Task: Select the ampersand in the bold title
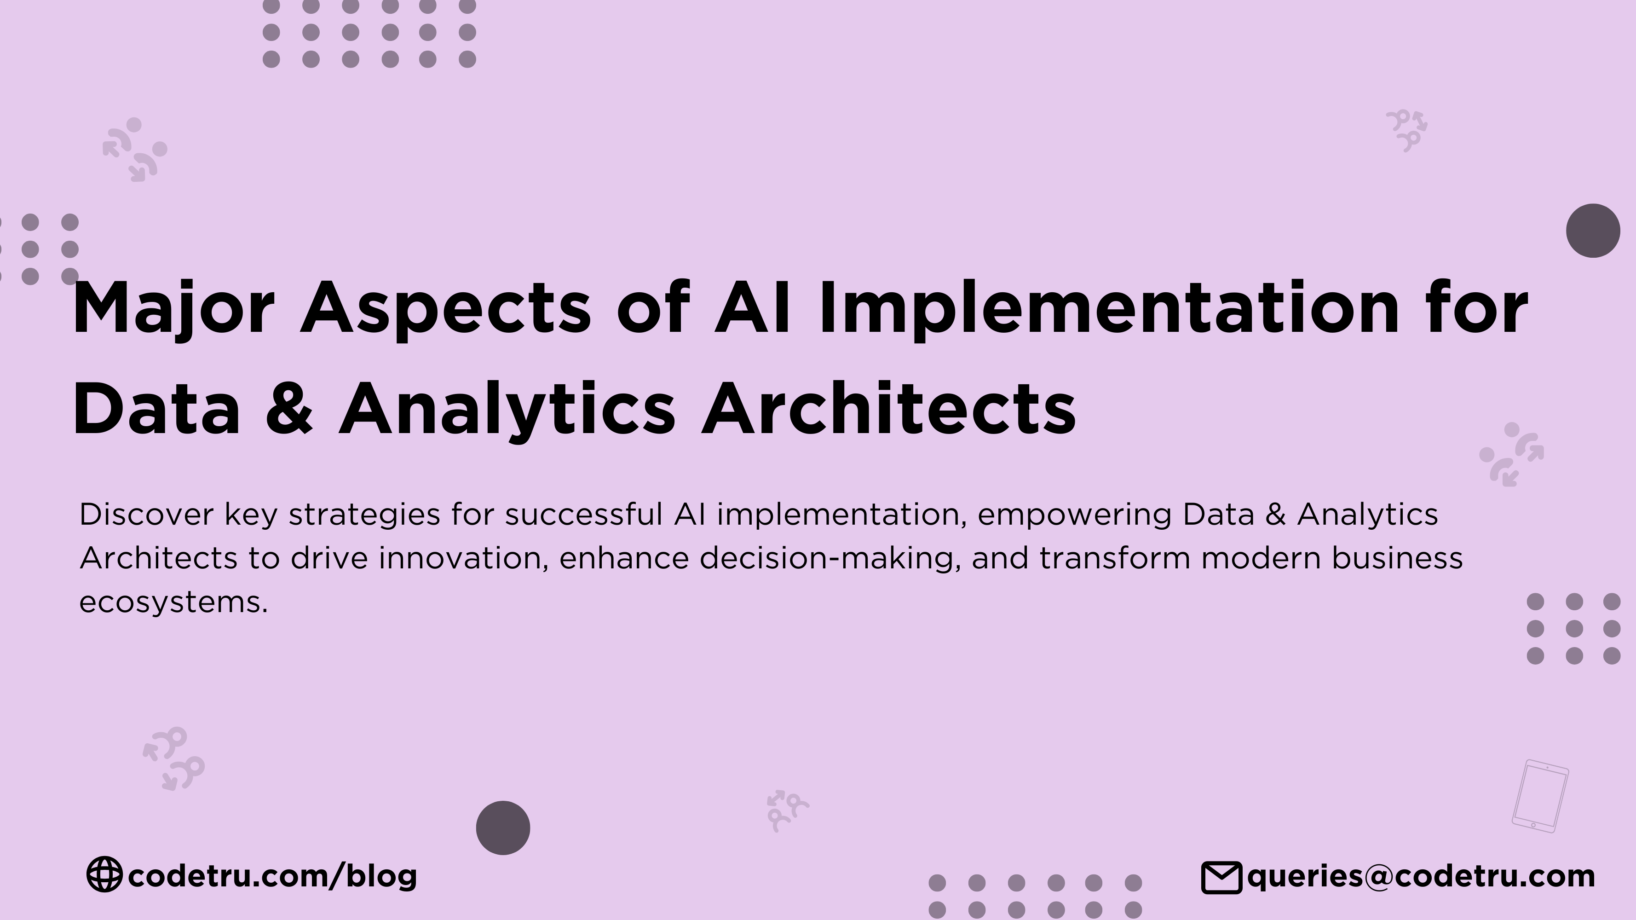[289, 409]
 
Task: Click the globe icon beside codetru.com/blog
[104, 874]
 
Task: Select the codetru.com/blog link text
[272, 875]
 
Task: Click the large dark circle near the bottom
[503, 828]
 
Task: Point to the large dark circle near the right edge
[1593, 231]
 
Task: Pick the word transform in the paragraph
[1115, 558]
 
